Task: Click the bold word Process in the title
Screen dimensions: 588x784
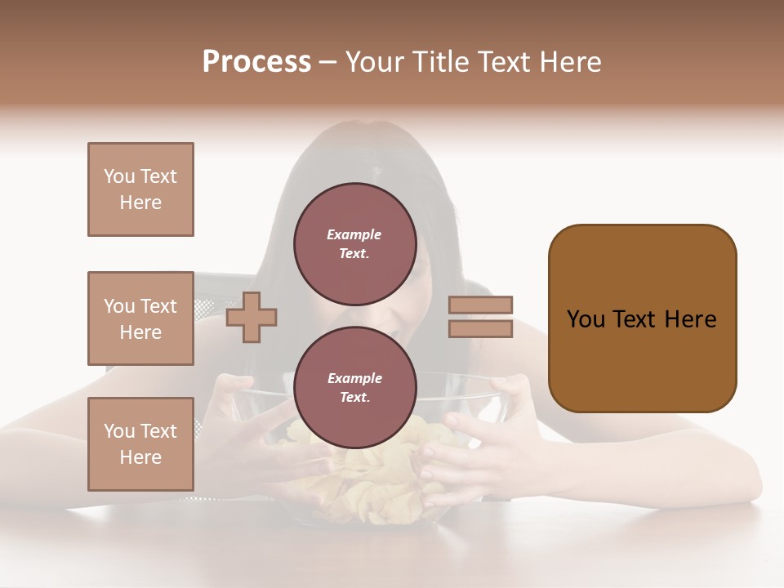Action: [x=256, y=61]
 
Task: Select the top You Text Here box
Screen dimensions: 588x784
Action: [x=140, y=189]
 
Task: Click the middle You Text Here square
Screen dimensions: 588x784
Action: [x=140, y=318]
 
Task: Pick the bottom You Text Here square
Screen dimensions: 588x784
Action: [x=140, y=443]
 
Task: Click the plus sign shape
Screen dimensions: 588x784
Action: [x=252, y=317]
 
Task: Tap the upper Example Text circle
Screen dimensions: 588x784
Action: [x=354, y=243]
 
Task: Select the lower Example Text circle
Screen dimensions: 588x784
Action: [x=354, y=387]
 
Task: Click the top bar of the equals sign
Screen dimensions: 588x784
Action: [x=481, y=305]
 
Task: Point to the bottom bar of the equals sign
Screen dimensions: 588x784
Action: [x=481, y=328]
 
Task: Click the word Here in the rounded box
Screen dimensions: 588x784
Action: [x=690, y=318]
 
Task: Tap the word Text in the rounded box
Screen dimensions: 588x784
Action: [x=635, y=318]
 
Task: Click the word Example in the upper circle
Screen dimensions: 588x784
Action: [x=354, y=234]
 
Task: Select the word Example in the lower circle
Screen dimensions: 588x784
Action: [x=354, y=378]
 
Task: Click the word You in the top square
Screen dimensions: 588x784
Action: [x=119, y=176]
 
